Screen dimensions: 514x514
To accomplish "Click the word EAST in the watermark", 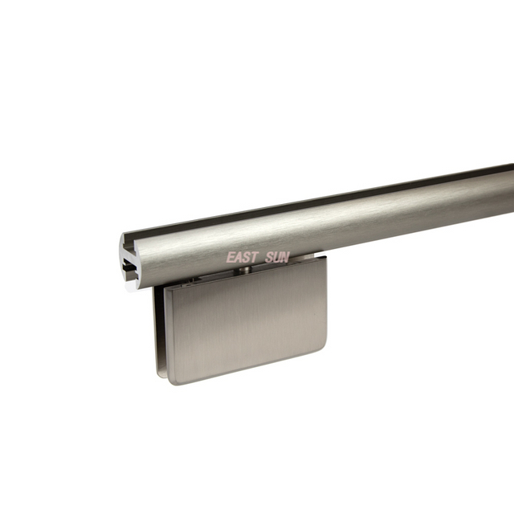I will pyautogui.click(x=241, y=258).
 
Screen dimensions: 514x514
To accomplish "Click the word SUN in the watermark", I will pyautogui.click(x=276, y=258).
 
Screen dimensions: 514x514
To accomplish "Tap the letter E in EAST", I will pyautogui.click(x=230, y=258).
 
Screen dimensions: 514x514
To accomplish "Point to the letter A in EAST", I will pyautogui.click(x=238, y=258).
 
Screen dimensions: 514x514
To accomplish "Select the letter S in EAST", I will pyautogui.click(x=246, y=258).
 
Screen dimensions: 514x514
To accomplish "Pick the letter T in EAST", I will pyautogui.click(x=254, y=258).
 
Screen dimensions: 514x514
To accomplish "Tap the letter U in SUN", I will pyautogui.click(x=276, y=258).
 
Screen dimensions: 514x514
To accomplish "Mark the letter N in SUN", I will pyautogui.click(x=285, y=258).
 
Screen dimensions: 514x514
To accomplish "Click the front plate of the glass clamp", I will pyautogui.click(x=245, y=329).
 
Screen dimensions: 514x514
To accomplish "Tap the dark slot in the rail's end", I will pyautogui.click(x=129, y=266).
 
